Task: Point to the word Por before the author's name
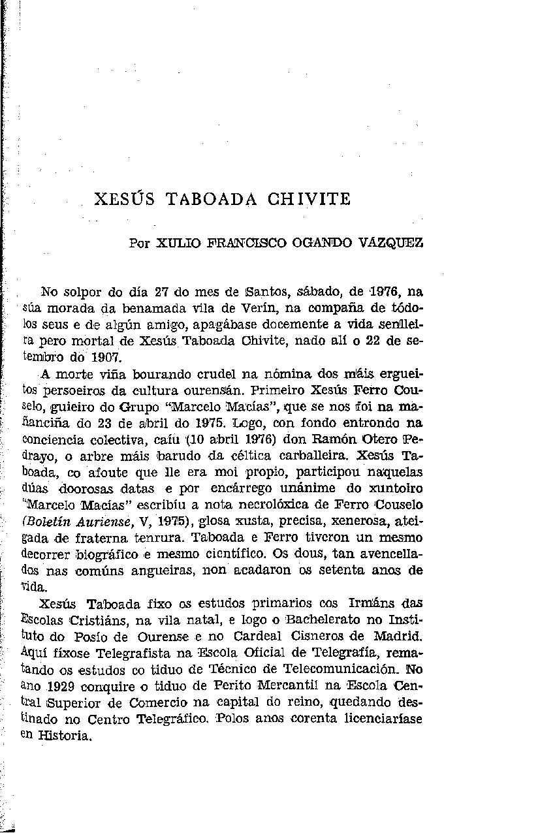click(140, 244)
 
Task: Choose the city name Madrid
click(398, 635)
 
